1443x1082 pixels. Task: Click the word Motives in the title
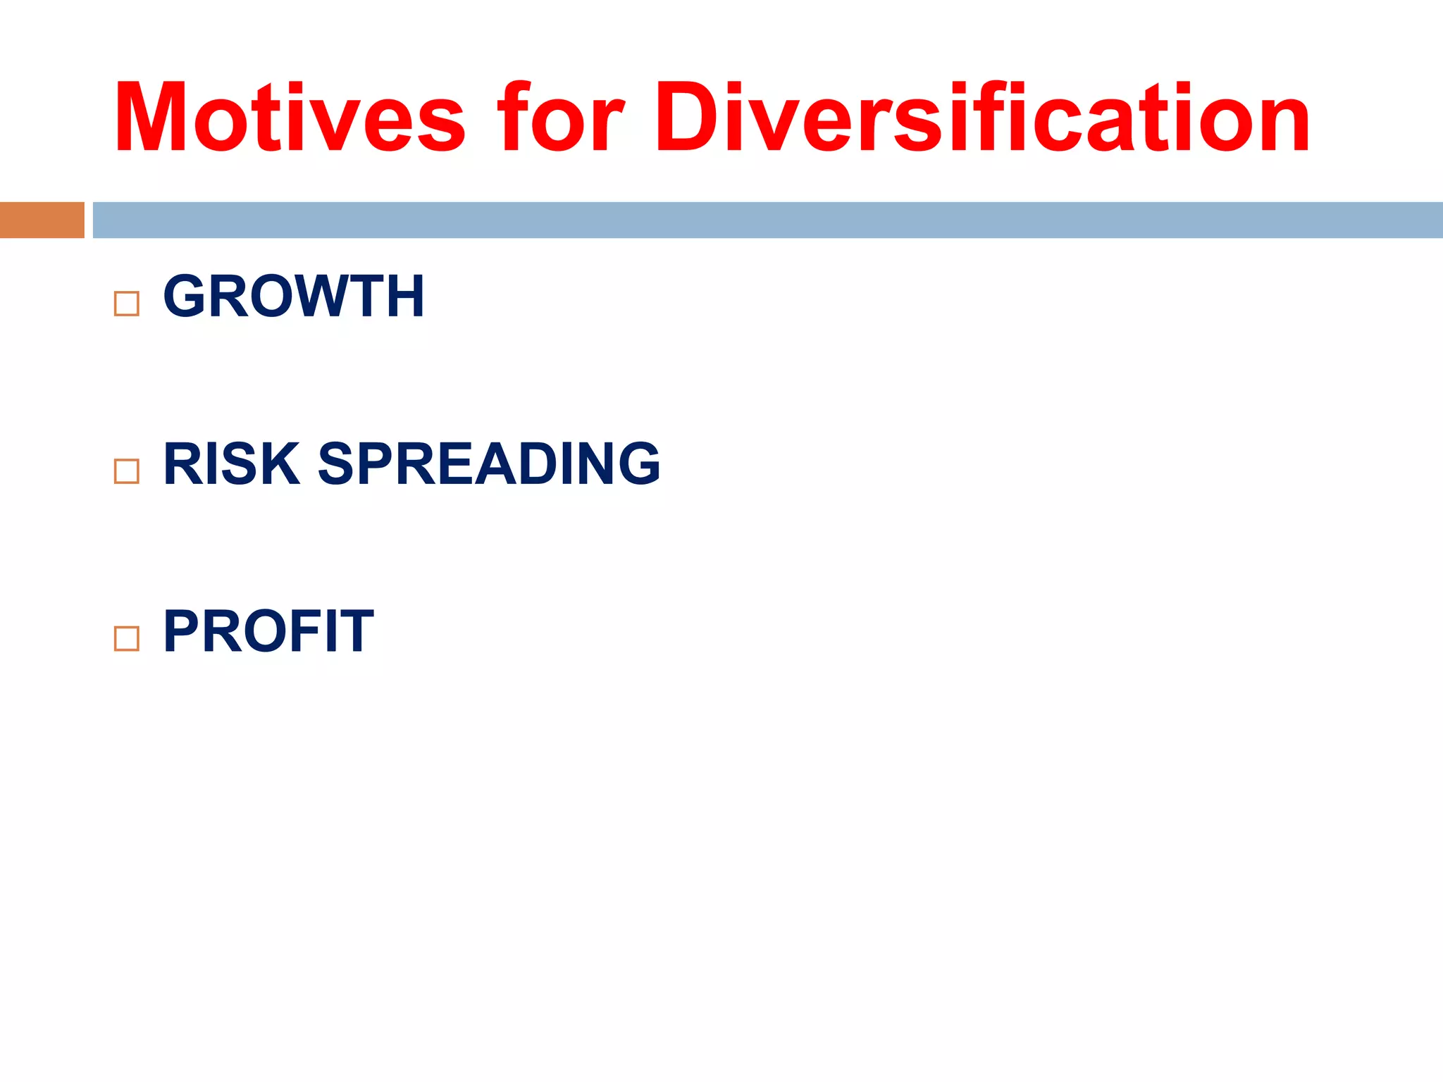tap(289, 117)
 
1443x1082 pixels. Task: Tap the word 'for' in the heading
tap(560, 117)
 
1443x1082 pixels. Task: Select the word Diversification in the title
tap(981, 117)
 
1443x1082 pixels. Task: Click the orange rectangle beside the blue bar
tap(42, 220)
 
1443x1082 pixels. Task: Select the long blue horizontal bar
tap(767, 220)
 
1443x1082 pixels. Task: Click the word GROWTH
tap(294, 297)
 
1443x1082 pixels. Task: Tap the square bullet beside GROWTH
tap(127, 304)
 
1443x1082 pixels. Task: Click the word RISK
tap(231, 464)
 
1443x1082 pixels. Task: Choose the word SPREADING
tap(489, 464)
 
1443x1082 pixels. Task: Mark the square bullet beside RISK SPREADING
tap(127, 471)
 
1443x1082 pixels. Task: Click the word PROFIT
tap(268, 631)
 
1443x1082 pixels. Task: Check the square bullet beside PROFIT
tap(127, 638)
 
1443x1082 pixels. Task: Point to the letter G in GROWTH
tap(185, 297)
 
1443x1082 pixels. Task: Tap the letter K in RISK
tap(282, 464)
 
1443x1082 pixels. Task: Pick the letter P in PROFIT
tap(182, 631)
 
